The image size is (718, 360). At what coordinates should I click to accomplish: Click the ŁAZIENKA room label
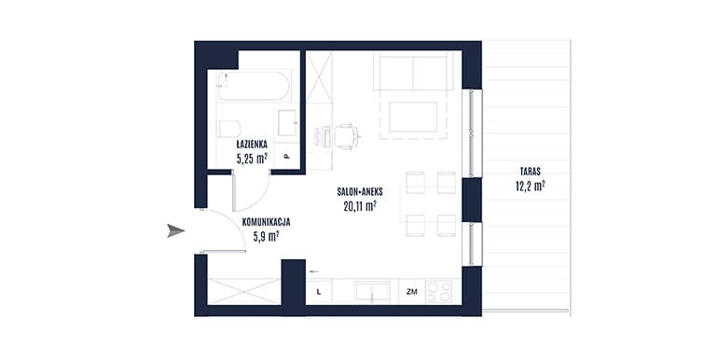coord(252,145)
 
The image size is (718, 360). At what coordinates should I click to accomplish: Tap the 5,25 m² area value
coord(252,159)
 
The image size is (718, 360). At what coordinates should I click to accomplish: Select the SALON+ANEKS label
coord(360,192)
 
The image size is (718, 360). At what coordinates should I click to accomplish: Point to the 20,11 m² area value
coord(360,206)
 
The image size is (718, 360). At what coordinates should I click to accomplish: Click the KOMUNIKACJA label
coord(266,223)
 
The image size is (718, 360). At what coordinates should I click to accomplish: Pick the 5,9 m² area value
coord(266,236)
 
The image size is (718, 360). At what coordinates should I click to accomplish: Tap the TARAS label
coord(531,173)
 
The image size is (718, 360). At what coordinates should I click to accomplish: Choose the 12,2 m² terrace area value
coord(531,186)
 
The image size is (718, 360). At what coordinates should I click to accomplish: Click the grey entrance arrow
coord(176,231)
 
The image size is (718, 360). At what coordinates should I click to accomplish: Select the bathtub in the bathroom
coord(254,86)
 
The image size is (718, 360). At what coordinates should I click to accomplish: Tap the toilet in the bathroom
coord(228,129)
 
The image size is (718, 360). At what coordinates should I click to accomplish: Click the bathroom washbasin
coord(287,123)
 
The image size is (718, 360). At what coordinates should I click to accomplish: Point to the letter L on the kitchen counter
coord(318,291)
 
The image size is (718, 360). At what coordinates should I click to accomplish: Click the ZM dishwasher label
coord(411,291)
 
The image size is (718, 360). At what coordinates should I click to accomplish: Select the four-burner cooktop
coord(438,291)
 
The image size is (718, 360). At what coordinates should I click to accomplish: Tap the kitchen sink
coord(372,292)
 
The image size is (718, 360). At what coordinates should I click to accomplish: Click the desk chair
coord(346,136)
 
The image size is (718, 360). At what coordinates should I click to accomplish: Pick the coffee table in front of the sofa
coord(413,117)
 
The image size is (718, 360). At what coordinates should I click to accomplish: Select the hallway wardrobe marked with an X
coord(244,291)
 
